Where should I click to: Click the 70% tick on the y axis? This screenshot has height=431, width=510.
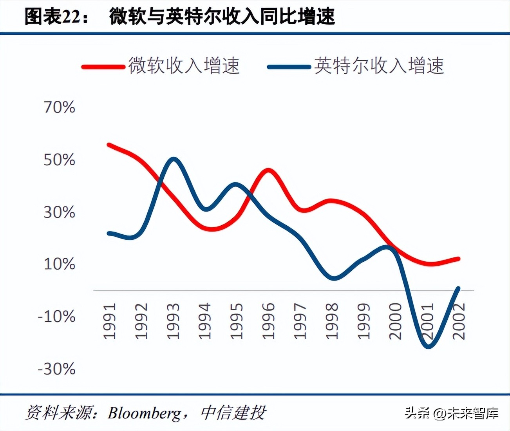click(59, 107)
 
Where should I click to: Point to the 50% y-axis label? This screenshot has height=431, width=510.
click(59, 160)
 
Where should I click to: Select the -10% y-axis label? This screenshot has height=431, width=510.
click(56, 316)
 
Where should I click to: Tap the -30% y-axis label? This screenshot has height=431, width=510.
click(56, 369)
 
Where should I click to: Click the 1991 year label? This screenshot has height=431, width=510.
click(110, 321)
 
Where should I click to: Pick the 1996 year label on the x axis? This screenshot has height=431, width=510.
click(268, 321)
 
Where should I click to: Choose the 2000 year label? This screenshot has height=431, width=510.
click(395, 321)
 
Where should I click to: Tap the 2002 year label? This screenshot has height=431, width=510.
click(459, 321)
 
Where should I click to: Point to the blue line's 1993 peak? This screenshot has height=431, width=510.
click(173, 159)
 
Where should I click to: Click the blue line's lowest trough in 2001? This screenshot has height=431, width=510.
click(428, 346)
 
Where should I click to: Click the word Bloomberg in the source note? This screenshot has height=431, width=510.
click(145, 413)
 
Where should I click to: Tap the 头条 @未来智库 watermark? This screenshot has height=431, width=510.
click(451, 413)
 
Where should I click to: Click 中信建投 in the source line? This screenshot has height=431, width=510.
click(233, 413)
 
